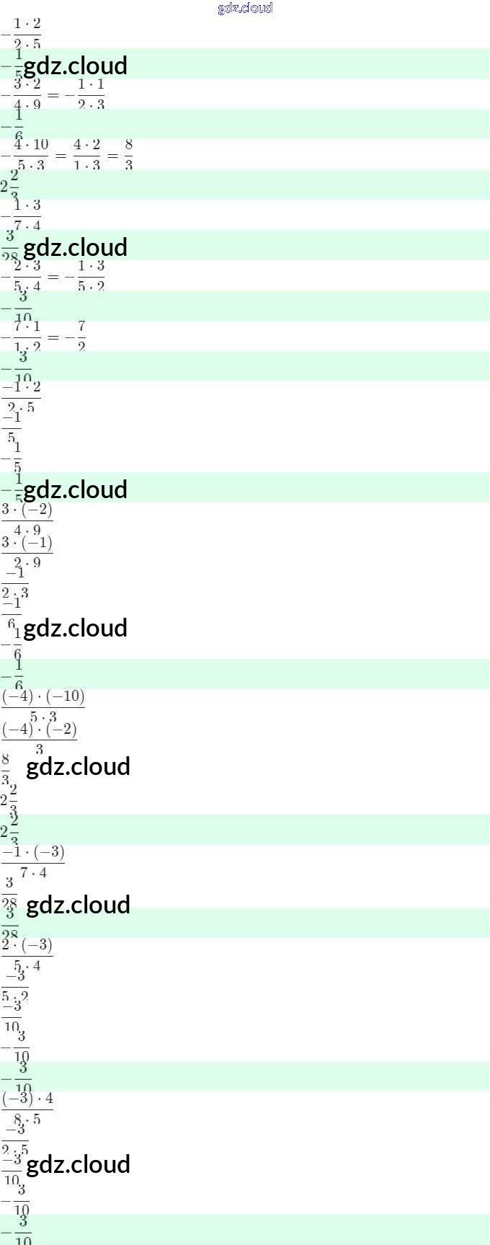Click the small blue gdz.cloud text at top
point(245,8)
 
